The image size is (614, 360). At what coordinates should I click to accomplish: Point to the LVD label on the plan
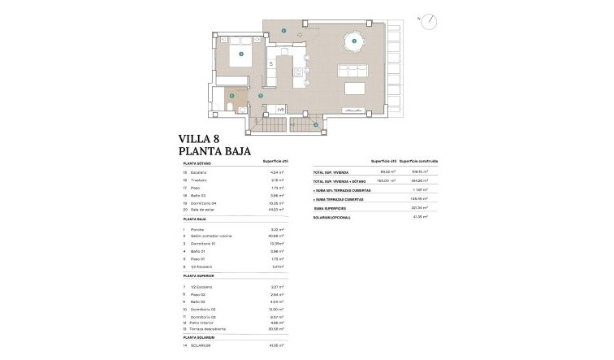[281, 109]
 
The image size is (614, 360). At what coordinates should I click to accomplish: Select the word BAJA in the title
[236, 151]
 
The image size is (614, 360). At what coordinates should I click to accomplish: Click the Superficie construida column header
[420, 162]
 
